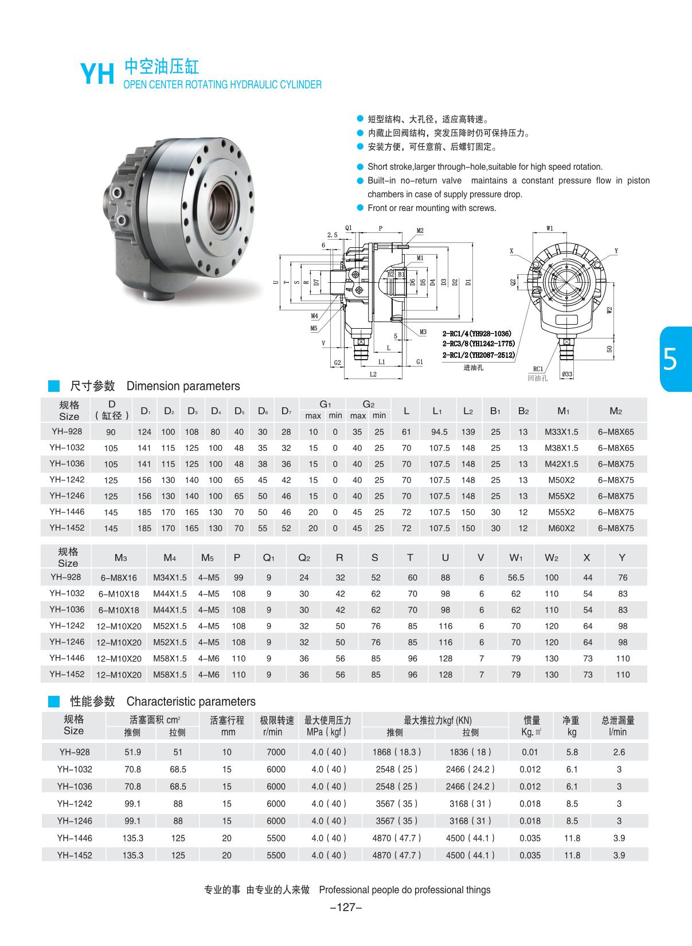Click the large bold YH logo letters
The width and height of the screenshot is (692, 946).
(97, 74)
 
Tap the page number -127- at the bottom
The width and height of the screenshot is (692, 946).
(346, 907)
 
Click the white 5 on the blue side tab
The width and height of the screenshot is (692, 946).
(670, 360)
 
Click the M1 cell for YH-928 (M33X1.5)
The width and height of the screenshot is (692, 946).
(561, 432)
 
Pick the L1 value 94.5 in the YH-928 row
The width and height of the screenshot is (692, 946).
(439, 432)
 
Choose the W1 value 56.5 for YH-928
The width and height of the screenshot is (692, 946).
(516, 578)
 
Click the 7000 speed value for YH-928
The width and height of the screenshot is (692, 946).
(276, 752)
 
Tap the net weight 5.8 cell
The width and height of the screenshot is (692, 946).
(572, 752)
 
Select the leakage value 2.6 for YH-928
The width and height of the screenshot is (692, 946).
(619, 752)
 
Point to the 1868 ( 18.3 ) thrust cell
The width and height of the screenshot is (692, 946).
(397, 752)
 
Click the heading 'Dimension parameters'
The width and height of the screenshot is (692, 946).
(183, 386)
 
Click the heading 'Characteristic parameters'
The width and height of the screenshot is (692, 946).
(191, 702)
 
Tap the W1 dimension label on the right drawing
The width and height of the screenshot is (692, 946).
(550, 228)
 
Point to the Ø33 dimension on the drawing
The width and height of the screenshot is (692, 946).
(567, 375)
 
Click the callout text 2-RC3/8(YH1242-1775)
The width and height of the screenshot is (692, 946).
(478, 344)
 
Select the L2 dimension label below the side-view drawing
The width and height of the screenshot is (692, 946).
(373, 374)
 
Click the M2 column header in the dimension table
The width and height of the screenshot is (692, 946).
(616, 411)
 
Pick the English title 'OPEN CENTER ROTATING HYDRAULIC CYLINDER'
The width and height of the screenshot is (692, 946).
(222, 85)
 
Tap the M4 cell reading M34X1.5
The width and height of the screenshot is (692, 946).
(170, 578)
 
